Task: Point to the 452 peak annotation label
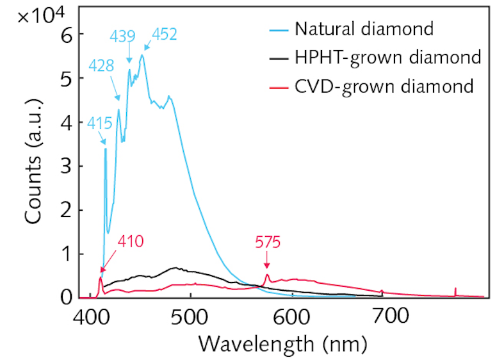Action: pyautogui.click(x=163, y=34)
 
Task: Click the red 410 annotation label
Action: pyautogui.click(x=131, y=242)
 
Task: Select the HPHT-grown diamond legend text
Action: pyautogui.click(x=387, y=58)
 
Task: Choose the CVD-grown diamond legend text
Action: pyautogui.click(x=384, y=86)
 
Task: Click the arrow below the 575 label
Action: pyautogui.click(x=267, y=263)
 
